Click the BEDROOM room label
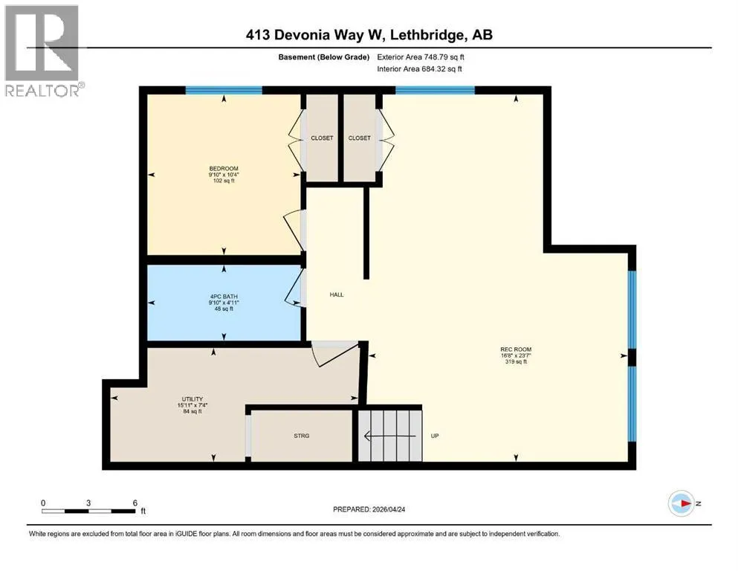(224, 169)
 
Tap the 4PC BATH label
(224, 297)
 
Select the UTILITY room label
(192, 399)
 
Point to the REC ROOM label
(516, 349)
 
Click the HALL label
(337, 294)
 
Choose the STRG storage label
(302, 436)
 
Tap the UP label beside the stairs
(435, 436)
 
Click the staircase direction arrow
(390, 436)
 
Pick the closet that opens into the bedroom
(322, 138)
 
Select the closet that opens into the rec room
(360, 138)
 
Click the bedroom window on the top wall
(224, 91)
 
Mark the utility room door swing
(335, 354)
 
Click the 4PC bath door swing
(294, 288)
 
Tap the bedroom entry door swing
(294, 230)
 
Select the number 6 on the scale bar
(135, 503)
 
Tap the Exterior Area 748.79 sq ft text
(421, 57)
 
